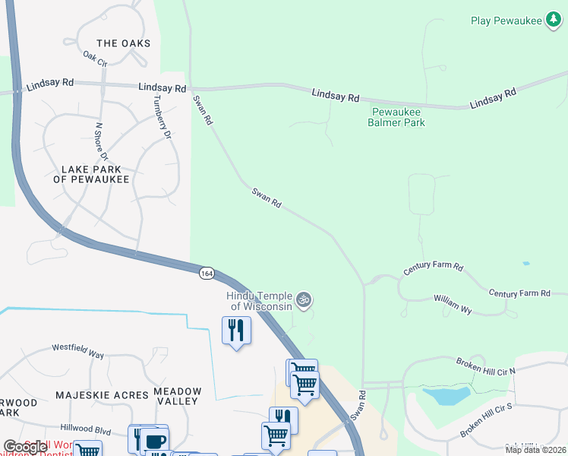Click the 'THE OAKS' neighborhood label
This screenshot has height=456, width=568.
(124, 43)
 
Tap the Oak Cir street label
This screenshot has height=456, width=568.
(95, 58)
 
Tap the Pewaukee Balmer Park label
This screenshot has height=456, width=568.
(396, 116)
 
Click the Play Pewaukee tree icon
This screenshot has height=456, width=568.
(554, 21)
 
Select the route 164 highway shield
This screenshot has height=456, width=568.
(207, 273)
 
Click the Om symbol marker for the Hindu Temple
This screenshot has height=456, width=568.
(304, 300)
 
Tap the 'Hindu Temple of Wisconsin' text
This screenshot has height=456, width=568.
(261, 301)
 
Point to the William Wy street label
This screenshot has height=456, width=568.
(453, 304)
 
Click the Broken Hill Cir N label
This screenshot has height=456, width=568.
(485, 365)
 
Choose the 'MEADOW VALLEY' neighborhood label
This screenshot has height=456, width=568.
(178, 396)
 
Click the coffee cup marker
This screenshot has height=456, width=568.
(155, 442)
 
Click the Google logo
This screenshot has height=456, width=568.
(26, 447)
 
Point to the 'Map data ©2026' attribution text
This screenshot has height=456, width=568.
(535, 450)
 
